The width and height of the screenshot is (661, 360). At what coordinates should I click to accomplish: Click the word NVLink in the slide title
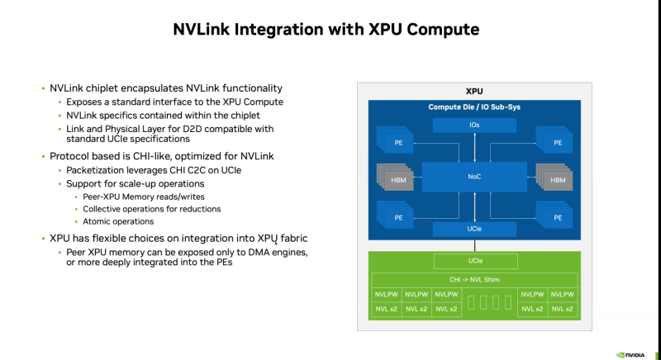click(207, 31)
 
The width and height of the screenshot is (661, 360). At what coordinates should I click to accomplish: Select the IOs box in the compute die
click(473, 125)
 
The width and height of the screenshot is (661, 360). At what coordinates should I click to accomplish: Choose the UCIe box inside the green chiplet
click(473, 262)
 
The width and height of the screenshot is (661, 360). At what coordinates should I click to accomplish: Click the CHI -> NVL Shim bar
click(473, 279)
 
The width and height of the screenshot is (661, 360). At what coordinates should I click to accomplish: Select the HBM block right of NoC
click(557, 179)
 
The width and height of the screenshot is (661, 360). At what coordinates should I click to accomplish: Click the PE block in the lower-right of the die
click(557, 217)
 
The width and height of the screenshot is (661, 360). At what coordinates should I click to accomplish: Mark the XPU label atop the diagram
click(473, 91)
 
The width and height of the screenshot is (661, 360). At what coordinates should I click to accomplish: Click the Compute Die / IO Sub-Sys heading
click(473, 107)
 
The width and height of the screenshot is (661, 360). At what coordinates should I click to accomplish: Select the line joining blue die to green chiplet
click(473, 245)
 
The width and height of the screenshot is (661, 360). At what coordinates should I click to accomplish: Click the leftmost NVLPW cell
click(387, 294)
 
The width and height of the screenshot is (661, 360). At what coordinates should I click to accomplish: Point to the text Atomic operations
click(118, 221)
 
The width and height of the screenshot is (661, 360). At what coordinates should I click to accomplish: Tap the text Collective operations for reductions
click(152, 209)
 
